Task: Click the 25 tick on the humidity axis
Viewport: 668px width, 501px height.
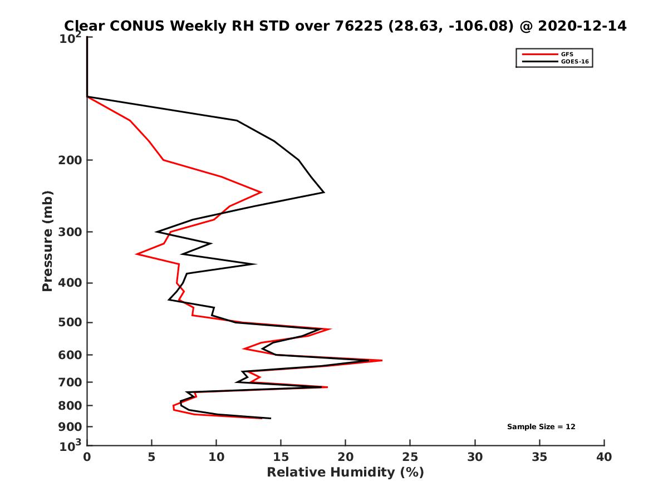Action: tap(410, 458)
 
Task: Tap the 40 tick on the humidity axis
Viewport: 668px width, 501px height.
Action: tap(604, 458)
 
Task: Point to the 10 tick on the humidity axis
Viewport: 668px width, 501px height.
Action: tap(217, 458)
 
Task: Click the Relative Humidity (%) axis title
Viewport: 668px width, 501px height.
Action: tap(345, 473)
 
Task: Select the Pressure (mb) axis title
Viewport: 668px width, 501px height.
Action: tap(47, 240)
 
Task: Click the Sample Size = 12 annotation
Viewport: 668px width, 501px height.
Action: tap(541, 427)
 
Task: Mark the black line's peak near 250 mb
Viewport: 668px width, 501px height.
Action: tap(324, 193)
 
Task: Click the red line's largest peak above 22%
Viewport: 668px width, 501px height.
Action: tap(382, 361)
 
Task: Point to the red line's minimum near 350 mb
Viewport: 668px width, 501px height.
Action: tap(137, 254)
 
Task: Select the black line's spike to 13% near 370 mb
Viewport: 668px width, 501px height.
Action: tap(256, 264)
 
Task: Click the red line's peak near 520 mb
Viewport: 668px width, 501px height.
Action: tap(331, 329)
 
